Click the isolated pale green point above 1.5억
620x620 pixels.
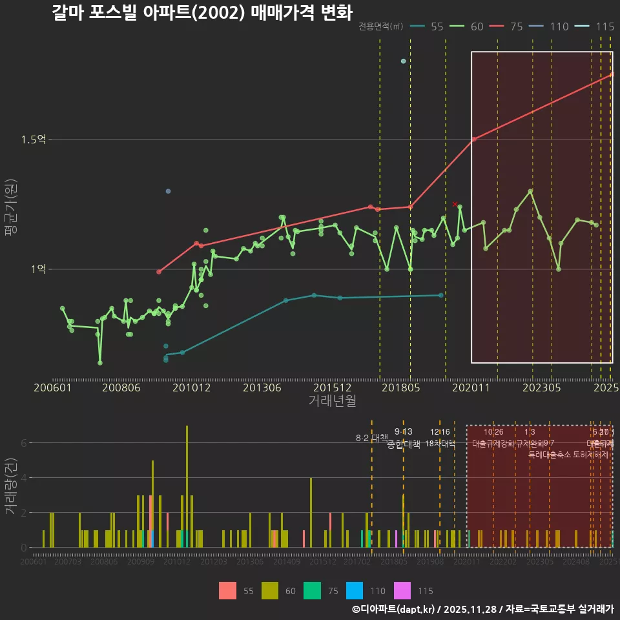click(x=403, y=61)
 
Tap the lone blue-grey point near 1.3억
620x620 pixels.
click(x=168, y=191)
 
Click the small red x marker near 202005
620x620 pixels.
click(x=455, y=204)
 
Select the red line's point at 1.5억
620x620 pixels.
click(x=473, y=139)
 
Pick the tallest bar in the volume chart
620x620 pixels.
click(x=187, y=486)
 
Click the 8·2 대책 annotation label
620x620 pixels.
click(x=371, y=437)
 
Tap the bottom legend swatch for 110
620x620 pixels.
click(x=355, y=590)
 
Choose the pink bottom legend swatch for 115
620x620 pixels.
click(x=402, y=590)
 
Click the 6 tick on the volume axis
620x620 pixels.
click(x=23, y=443)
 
